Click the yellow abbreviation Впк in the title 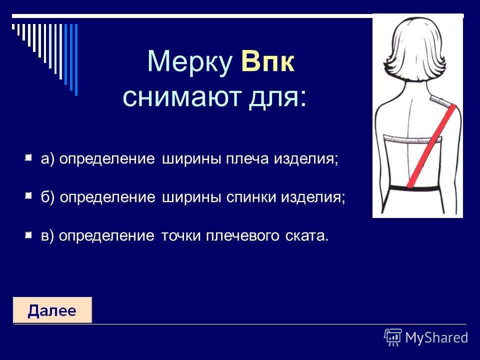coord(268,62)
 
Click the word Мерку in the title coord(189,62)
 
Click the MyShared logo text coord(436,337)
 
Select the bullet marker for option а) coord(28,158)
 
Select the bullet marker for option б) coord(28,195)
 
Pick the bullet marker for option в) coord(28,235)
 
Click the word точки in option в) coord(180,236)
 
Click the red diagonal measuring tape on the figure coord(431,145)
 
